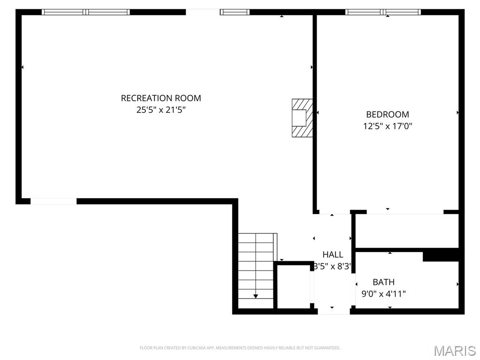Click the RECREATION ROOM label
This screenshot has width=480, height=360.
point(161,98)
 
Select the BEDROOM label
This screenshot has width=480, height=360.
point(387,114)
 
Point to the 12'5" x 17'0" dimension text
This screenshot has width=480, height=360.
point(387,126)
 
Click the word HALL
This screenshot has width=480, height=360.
point(333,255)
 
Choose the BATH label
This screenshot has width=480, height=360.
point(383,282)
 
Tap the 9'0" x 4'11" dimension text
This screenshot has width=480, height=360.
point(383,294)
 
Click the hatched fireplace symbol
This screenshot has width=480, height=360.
point(302,118)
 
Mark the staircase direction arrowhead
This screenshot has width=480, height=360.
point(255,296)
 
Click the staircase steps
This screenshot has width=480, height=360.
point(255,267)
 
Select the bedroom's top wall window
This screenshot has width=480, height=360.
point(383,12)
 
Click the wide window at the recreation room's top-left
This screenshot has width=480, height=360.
point(86,12)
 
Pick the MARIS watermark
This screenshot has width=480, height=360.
point(455,351)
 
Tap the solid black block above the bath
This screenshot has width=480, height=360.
point(441,255)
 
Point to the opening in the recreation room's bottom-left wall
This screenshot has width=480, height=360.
point(53,201)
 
